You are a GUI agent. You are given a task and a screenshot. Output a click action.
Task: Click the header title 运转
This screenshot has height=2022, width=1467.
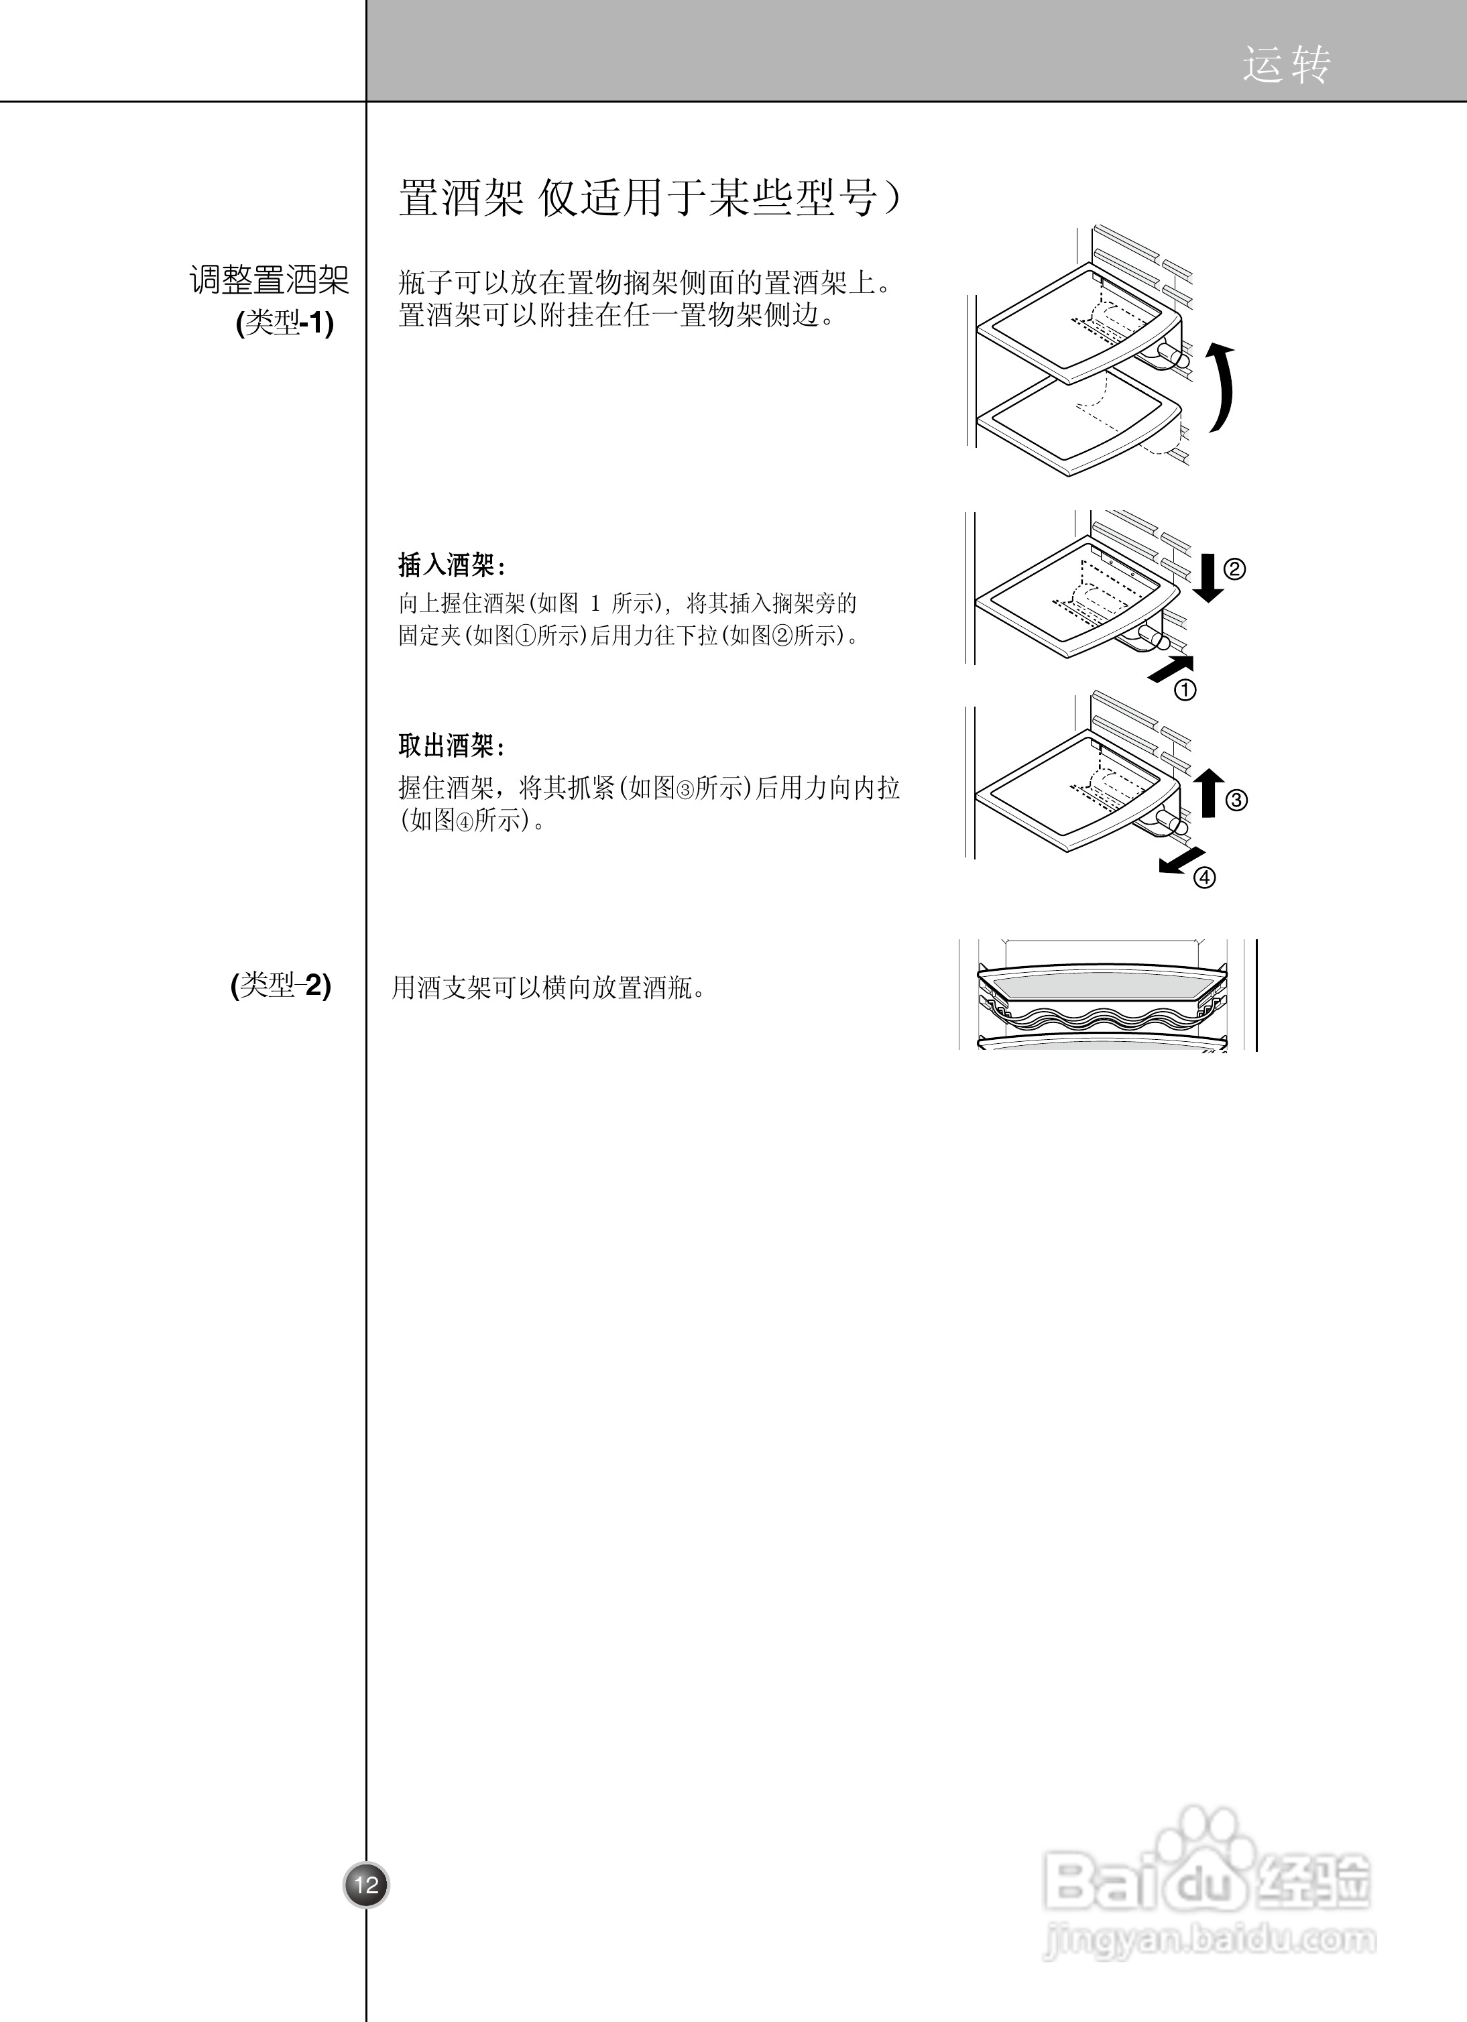tap(1286, 65)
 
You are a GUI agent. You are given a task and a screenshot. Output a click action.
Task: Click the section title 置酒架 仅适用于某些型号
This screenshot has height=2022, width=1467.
tap(648, 197)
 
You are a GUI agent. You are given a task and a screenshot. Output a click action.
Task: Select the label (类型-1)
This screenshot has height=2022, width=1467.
tap(284, 322)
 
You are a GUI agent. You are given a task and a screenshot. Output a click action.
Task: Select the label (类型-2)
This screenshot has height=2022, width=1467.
tap(281, 985)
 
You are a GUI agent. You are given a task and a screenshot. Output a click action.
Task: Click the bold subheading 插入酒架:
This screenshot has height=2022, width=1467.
tap(452, 565)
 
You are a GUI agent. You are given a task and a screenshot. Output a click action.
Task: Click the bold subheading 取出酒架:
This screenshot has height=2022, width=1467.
tap(452, 746)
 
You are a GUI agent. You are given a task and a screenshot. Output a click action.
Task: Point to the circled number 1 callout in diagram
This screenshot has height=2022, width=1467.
tap(1185, 689)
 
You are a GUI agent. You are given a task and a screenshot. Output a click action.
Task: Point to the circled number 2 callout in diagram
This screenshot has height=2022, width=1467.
tap(1234, 569)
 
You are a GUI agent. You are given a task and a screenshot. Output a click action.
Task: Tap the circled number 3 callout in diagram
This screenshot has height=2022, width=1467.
tap(1236, 800)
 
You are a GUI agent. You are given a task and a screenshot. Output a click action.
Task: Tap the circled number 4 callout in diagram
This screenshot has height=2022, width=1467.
tap(1205, 878)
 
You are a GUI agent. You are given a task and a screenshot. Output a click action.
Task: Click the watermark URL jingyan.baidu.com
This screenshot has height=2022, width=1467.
tap(1208, 1938)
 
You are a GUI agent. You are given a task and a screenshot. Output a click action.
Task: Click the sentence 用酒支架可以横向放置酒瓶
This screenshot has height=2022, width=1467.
tap(548, 988)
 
